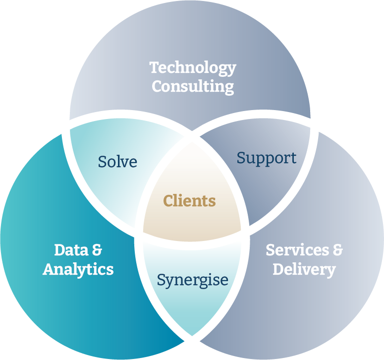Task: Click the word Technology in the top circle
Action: point(193,68)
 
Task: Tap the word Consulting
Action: point(193,86)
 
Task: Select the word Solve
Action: point(117,162)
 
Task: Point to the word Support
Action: point(266,158)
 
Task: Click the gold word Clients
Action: point(190,201)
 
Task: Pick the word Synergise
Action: point(193,280)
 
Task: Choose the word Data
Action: point(67,250)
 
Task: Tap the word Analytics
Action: point(78,269)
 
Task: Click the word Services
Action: point(295,250)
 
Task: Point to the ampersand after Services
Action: point(337,250)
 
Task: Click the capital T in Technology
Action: point(155,67)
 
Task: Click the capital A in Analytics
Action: point(49,269)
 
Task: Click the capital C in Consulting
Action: point(158,86)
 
